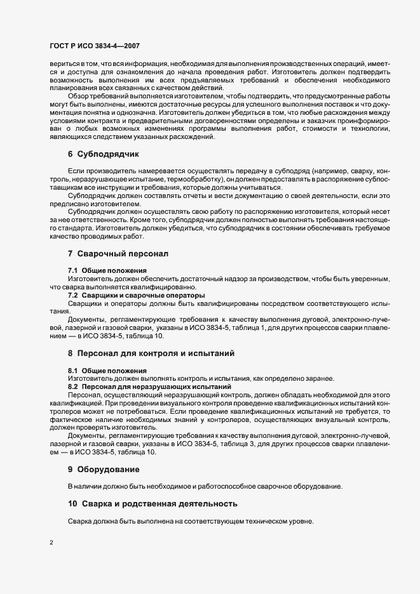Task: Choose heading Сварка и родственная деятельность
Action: [152, 504]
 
